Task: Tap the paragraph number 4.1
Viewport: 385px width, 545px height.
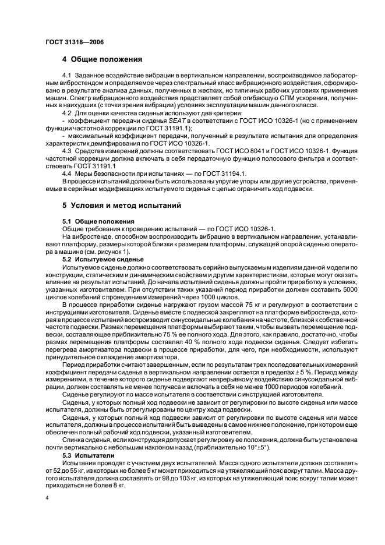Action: tap(68, 76)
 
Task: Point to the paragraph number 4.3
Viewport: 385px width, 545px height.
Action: tap(68, 150)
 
